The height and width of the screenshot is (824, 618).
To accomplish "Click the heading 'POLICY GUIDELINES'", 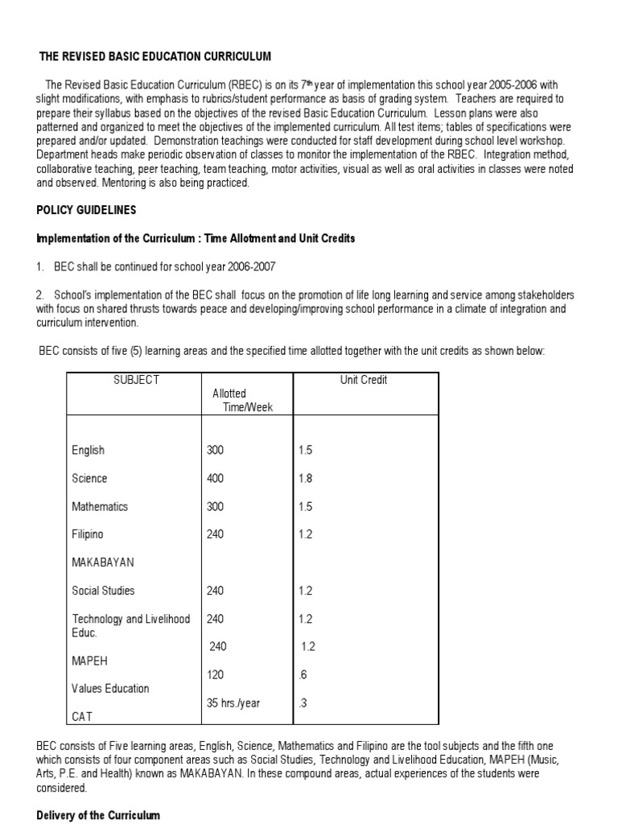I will [86, 210].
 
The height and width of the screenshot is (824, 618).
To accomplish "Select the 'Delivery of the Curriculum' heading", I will [98, 815].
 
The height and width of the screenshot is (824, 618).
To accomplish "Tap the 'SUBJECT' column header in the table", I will [137, 380].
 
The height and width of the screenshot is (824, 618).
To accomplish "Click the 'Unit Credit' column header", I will [364, 380].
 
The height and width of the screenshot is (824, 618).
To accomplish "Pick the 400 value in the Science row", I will [215, 478].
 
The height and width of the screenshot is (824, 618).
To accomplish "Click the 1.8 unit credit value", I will [305, 478].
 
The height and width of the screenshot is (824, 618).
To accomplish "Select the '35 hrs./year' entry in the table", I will [233, 702].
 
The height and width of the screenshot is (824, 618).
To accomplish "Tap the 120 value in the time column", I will [215, 674].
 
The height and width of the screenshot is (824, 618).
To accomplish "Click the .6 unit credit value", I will [303, 674].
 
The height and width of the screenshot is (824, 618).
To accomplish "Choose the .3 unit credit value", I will [303, 702].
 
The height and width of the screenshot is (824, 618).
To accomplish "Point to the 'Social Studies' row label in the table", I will [104, 591].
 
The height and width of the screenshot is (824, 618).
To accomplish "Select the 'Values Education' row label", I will [110, 688].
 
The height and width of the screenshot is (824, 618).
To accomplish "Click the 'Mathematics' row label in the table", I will [100, 506].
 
